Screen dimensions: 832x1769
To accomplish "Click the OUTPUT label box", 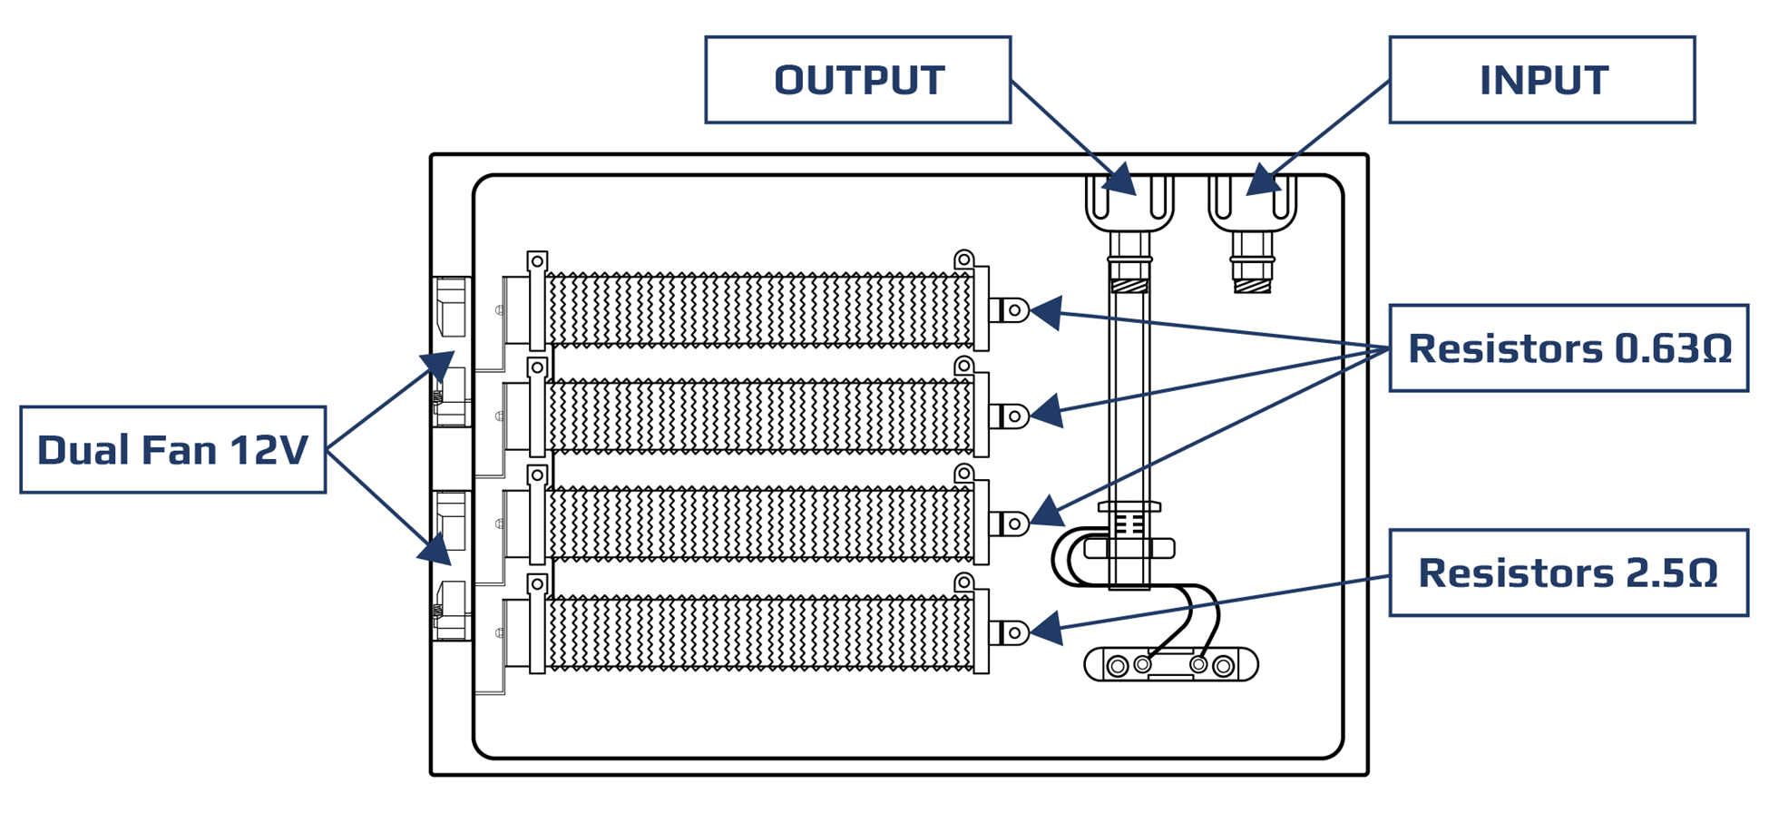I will coord(857,80).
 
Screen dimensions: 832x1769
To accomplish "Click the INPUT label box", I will coord(1541,80).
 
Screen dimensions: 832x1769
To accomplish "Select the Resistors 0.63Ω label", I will coord(1568,348).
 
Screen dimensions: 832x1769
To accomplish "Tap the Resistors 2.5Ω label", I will coord(1568,573).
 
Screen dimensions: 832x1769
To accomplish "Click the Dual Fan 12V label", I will coord(172,450).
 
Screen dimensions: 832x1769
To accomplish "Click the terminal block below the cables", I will coord(1170,665).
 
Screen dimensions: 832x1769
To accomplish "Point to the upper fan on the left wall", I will coord(451,351).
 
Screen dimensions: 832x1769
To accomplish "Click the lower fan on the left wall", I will coord(451,565).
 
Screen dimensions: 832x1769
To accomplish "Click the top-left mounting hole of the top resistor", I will coord(537,261).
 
